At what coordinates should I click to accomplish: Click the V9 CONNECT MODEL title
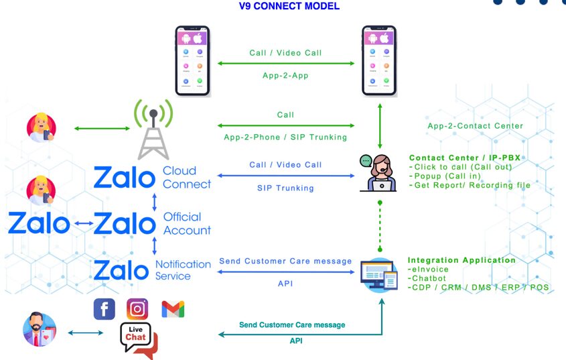[289, 7]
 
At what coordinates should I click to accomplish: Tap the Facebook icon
[104, 309]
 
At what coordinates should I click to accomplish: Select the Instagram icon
[137, 309]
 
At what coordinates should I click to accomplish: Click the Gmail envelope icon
[173, 309]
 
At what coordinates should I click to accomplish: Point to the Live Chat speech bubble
[137, 339]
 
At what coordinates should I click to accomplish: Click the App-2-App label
[285, 76]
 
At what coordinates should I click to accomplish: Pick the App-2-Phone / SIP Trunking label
[285, 137]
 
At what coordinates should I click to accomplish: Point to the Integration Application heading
[462, 260]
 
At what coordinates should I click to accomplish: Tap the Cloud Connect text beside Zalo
[187, 178]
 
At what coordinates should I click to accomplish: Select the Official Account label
[187, 223]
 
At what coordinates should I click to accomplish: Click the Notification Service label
[183, 270]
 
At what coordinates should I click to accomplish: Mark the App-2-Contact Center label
[476, 125]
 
